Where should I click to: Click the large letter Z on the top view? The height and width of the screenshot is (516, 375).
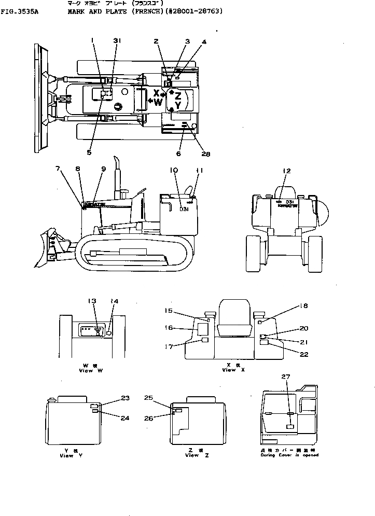[177, 95]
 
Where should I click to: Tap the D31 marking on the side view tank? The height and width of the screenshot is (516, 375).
[184, 210]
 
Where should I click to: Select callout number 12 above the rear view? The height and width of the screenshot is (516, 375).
[287, 171]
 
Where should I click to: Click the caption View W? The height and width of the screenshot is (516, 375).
[86, 370]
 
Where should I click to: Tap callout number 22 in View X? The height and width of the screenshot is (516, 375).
[303, 354]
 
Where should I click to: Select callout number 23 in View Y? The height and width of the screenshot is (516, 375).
[125, 398]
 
